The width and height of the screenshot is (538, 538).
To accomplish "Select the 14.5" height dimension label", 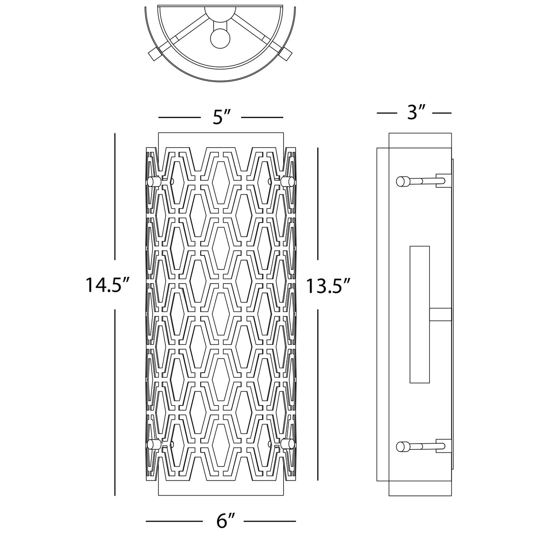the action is (x=103, y=285).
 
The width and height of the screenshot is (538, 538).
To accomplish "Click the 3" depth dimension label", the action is (x=415, y=112).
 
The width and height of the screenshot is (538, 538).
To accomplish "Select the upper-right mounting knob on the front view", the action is (x=288, y=181).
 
